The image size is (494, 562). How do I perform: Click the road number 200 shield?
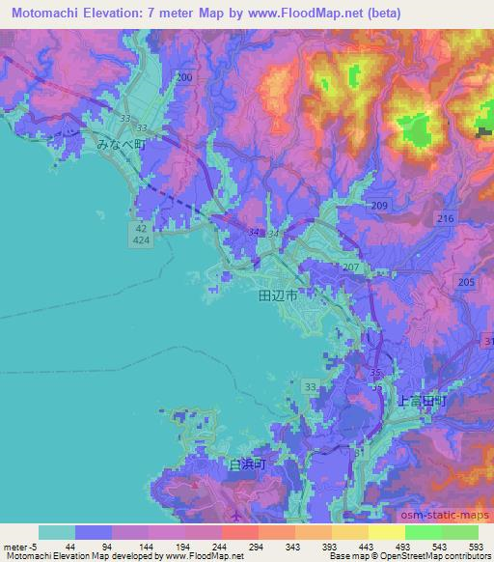coord(184,76)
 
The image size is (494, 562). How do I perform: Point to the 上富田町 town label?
coord(423,398)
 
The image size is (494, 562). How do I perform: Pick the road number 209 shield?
coord(379,207)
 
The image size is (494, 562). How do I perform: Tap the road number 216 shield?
coord(445,220)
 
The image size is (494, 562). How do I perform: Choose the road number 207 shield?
coord(350,267)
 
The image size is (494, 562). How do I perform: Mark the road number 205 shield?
coord(466,281)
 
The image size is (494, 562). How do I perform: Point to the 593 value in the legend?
coord(476,548)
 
